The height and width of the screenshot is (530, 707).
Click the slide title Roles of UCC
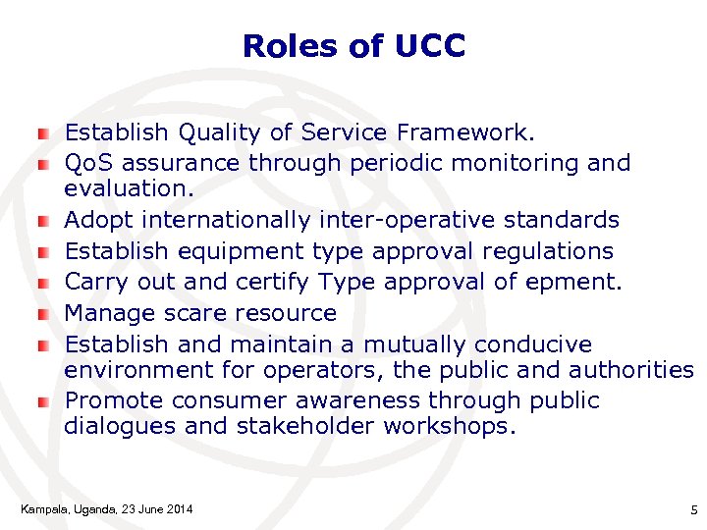(353, 46)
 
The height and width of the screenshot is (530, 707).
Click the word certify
(273, 283)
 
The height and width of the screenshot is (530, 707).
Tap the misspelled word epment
(583, 283)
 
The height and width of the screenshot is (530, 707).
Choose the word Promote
(109, 400)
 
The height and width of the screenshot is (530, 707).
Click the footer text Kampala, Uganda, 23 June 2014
(106, 508)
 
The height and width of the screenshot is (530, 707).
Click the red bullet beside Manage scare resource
(43, 315)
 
